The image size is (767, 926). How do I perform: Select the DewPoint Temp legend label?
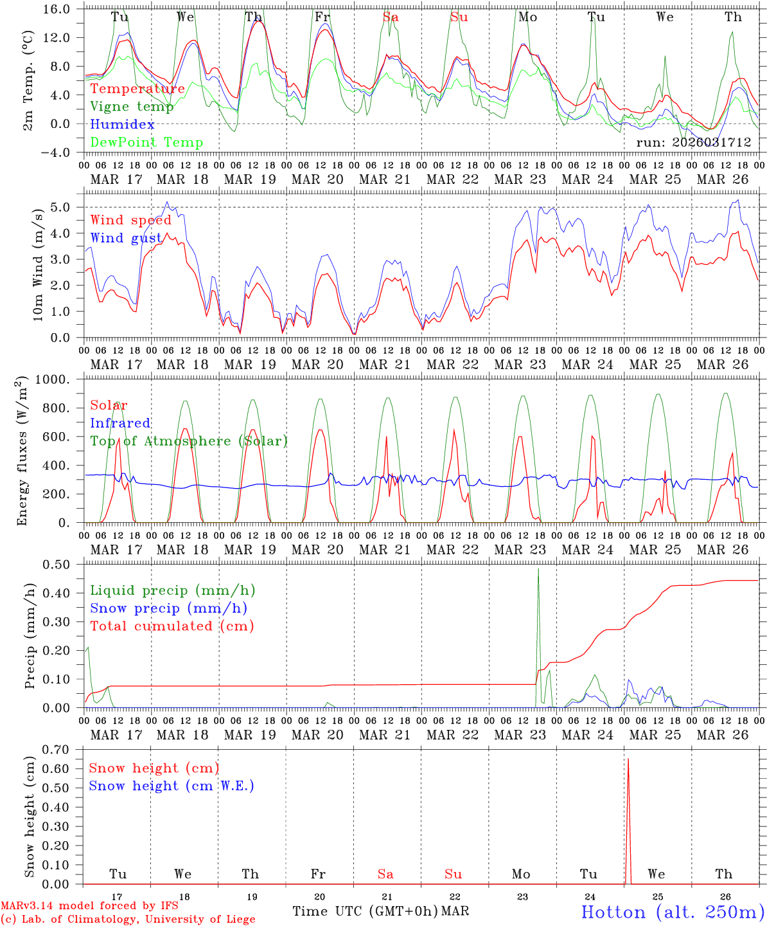[146, 143]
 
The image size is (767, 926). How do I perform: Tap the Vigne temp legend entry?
[132, 107]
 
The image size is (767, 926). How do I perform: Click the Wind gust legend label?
[126, 239]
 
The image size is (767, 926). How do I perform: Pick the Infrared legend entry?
[120, 423]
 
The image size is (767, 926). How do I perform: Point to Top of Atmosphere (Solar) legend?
[189, 441]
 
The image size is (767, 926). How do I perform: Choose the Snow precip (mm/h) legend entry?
[168, 608]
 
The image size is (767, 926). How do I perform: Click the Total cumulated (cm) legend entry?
[172, 626]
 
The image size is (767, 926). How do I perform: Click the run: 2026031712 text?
[693, 143]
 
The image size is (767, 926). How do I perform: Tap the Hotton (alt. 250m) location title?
[672, 912]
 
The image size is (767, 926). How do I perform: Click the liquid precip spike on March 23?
[538, 570]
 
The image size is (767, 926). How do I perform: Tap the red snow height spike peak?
[628, 759]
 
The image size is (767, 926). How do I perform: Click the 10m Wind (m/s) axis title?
[39, 264]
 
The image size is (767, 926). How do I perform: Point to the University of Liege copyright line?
[128, 920]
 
